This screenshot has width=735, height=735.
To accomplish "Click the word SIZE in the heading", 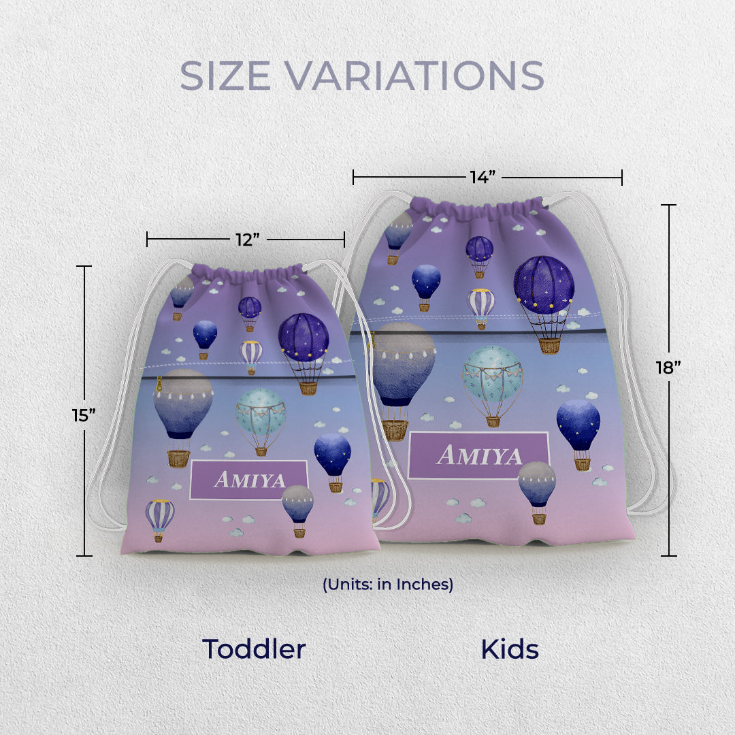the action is coord(225,75).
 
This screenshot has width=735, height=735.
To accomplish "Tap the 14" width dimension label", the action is coord(483,177).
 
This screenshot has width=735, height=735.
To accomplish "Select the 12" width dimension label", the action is coord(248,240).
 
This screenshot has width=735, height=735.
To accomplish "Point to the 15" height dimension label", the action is coord(84,415).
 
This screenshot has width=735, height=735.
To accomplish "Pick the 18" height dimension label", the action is coord(668,368).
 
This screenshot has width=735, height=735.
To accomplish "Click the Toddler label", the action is coord(254,649).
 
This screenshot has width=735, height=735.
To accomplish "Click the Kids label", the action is coord(510,650).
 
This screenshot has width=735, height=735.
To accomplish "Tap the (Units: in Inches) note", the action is coord(388,585).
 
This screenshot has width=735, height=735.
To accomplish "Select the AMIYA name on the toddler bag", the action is coord(249,480).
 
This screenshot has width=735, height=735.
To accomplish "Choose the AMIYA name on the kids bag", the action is coord(479,455).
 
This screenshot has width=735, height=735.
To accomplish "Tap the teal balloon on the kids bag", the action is coord(492,385).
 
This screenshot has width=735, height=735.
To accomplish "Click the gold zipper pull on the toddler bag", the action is coord(159,383).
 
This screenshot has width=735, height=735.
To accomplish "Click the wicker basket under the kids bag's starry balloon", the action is coord(549,346).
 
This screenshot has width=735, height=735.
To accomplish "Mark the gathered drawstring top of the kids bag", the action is coord(476,208).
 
